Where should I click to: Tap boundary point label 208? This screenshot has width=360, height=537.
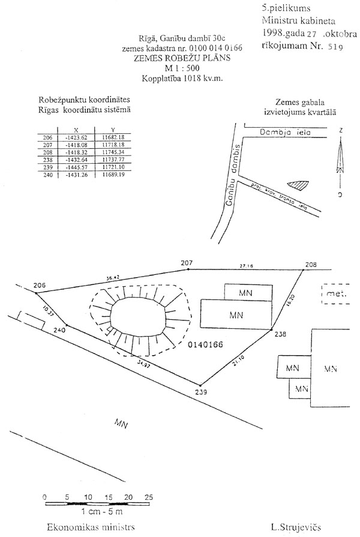point(310,264)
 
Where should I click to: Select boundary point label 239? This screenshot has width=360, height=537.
point(200,392)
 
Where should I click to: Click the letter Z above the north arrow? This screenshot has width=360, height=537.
point(340,130)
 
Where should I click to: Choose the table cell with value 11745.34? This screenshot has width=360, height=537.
point(113,152)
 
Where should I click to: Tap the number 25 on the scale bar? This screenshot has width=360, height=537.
point(148,497)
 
